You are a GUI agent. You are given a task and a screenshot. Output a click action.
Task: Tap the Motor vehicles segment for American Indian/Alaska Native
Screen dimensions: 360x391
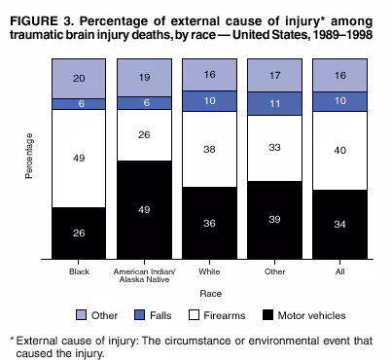pyautogui.click(x=145, y=210)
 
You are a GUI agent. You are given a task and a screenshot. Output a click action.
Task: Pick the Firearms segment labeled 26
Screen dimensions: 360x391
pyautogui.click(x=145, y=134)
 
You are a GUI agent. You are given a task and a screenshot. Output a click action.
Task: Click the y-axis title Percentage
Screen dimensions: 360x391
pyautogui.click(x=29, y=156)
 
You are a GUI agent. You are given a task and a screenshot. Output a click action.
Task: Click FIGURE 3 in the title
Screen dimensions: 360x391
pyautogui.click(x=40, y=13)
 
